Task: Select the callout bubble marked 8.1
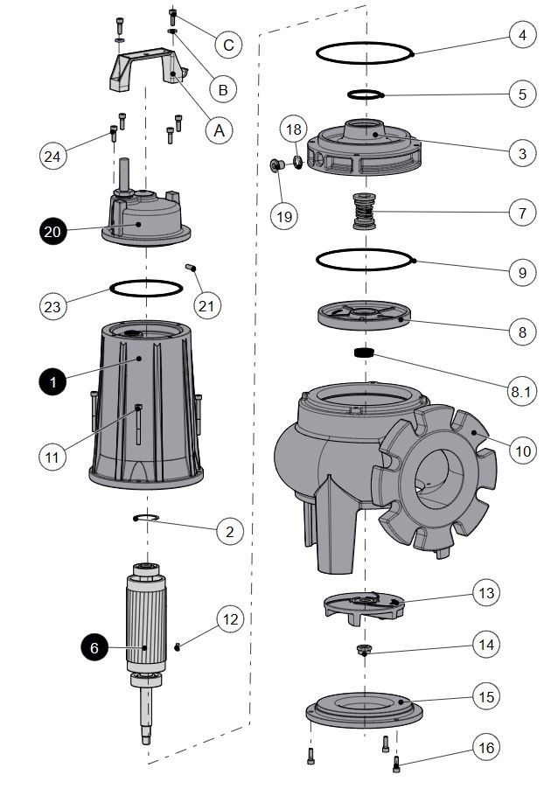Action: (x=521, y=391)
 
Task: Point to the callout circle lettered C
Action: (x=227, y=45)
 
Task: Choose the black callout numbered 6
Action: (x=95, y=647)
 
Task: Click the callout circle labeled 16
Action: (x=487, y=748)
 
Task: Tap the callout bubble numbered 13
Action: (x=487, y=592)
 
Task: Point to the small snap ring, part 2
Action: (x=147, y=520)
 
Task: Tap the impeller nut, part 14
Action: (x=363, y=650)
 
